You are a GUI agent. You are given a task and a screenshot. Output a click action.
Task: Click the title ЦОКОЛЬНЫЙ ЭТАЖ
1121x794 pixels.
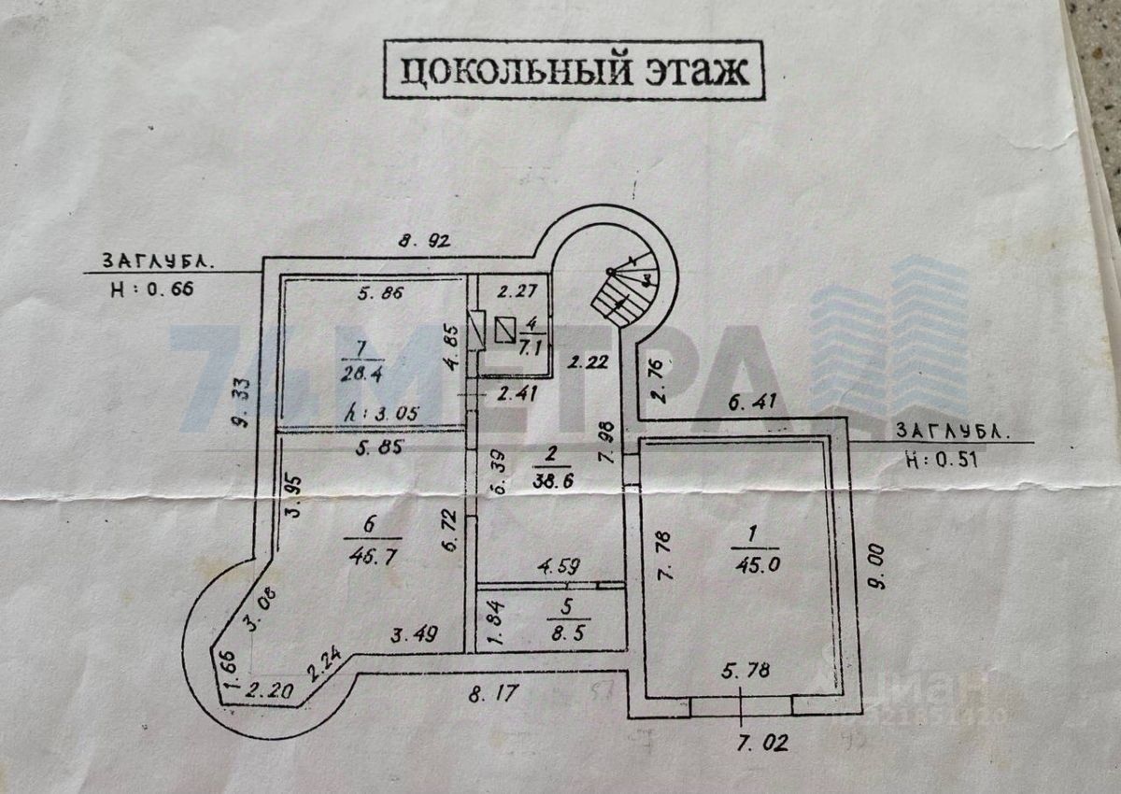tap(574, 71)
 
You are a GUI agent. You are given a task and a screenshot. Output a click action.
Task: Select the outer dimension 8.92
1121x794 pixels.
tap(425, 240)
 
